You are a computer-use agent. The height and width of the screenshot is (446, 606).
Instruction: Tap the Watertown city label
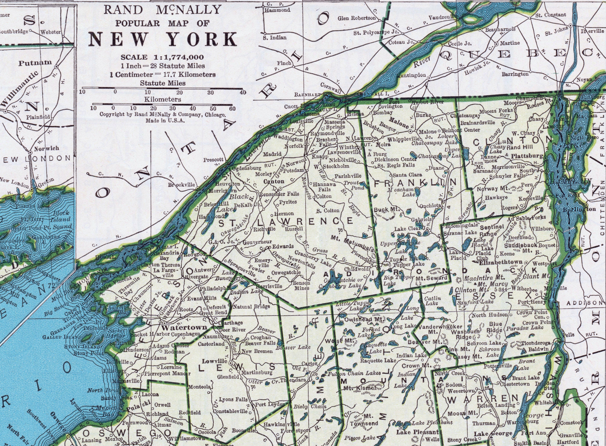185,327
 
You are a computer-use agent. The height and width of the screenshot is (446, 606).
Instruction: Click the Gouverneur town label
257,242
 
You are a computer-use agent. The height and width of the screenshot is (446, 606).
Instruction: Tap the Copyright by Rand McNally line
162,115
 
